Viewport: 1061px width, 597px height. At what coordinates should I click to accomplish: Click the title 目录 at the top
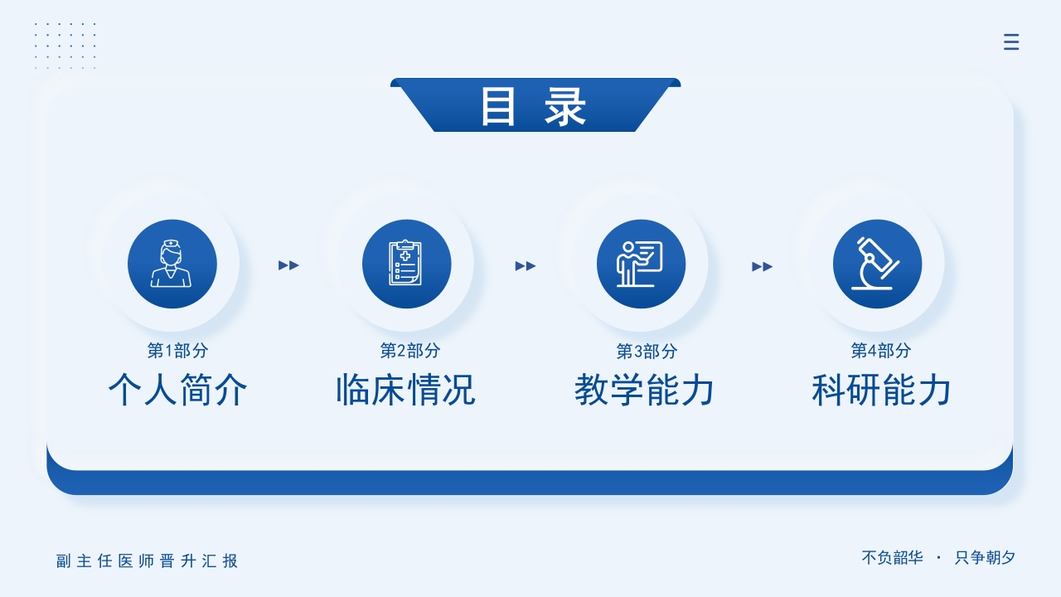click(534, 107)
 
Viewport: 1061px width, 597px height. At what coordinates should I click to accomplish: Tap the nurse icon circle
click(172, 264)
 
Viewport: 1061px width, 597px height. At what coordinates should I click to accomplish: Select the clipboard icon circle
click(406, 264)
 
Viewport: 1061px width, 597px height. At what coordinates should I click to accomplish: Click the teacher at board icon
click(641, 264)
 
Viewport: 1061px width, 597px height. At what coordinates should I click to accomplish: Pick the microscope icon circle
click(877, 264)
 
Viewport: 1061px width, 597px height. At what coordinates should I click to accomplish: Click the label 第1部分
click(177, 351)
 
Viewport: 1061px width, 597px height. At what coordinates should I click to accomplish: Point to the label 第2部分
click(410, 351)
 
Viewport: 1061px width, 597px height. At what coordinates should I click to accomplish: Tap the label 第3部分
click(647, 352)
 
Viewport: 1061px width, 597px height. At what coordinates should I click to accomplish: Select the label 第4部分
click(881, 351)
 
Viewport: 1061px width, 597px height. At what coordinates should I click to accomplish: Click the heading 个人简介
click(177, 390)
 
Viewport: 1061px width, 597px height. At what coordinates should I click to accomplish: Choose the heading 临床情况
click(405, 390)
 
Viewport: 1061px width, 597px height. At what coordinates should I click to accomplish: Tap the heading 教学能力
click(644, 390)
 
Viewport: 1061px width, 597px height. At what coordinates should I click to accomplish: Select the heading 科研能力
click(881, 390)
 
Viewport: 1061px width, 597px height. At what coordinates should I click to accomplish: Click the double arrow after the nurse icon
click(288, 265)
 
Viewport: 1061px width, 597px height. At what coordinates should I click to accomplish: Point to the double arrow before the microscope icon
click(762, 266)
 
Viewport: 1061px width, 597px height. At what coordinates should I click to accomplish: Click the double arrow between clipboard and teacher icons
click(526, 266)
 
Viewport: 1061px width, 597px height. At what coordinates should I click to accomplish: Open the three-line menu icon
click(1011, 42)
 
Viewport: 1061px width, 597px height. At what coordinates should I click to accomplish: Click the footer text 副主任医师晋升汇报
click(148, 561)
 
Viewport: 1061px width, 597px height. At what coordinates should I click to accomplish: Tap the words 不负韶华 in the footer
click(892, 558)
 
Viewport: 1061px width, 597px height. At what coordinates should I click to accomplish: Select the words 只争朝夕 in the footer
click(985, 558)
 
